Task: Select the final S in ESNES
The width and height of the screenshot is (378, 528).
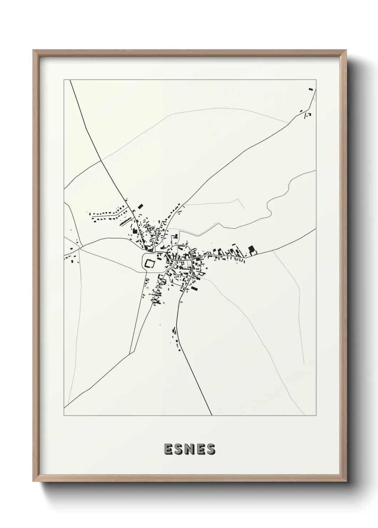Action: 211,450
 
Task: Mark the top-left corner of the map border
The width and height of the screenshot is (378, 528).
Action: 64,80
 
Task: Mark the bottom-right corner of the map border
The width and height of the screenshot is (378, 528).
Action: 316,416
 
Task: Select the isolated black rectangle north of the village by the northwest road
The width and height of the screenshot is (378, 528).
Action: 140,206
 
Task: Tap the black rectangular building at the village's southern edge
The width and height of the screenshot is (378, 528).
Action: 194,288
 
